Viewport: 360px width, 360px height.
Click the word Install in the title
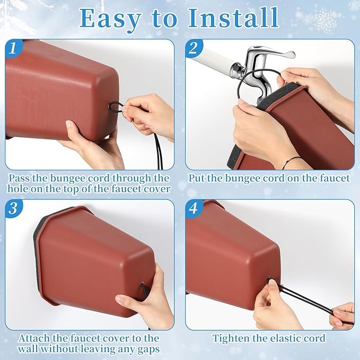(x=233, y=18)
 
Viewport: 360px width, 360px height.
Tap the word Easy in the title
(x=110, y=21)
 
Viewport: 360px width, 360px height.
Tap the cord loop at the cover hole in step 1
(x=117, y=108)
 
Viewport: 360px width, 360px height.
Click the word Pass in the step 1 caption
(x=19, y=178)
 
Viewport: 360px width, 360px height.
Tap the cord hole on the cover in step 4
(x=268, y=279)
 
